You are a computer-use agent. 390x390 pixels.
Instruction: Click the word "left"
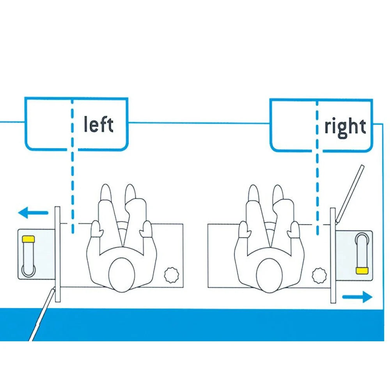click(x=99, y=124)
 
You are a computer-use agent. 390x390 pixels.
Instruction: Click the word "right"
click(x=345, y=127)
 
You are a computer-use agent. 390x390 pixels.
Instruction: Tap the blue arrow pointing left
click(x=33, y=213)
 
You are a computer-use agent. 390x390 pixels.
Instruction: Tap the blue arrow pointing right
click(x=357, y=297)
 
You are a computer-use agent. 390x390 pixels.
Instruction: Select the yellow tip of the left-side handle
click(x=28, y=239)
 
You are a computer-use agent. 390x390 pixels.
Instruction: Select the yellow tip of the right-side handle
click(x=362, y=271)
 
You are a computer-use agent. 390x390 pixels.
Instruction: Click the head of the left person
click(x=122, y=275)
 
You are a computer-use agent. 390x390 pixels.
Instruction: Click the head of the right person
click(x=269, y=275)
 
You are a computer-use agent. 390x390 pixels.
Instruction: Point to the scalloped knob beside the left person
click(x=172, y=275)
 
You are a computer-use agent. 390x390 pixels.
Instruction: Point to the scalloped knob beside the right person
click(x=319, y=276)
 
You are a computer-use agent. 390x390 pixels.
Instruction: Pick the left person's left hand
click(x=96, y=229)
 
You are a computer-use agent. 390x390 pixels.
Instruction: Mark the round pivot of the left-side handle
click(x=28, y=270)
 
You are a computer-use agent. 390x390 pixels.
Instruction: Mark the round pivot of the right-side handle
click(x=362, y=239)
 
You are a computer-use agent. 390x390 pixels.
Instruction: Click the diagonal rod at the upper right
click(x=349, y=194)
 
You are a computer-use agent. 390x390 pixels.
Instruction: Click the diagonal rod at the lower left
click(x=42, y=314)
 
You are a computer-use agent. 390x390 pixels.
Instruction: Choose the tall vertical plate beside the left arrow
click(x=57, y=254)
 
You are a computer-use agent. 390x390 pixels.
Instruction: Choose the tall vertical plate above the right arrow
click(x=333, y=255)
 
